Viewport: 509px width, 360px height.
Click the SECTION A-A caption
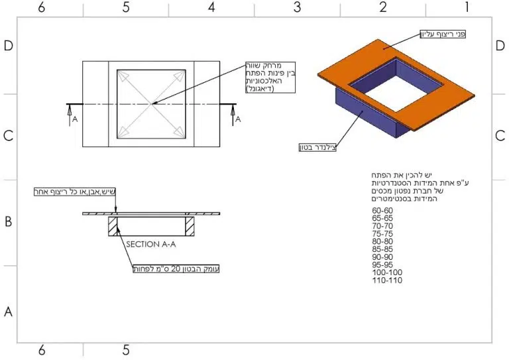151,244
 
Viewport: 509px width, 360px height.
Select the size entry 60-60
382,211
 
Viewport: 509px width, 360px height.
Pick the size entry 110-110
387,280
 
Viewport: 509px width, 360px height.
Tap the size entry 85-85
382,249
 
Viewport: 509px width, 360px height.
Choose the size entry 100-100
387,272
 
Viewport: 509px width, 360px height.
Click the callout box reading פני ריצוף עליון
443,34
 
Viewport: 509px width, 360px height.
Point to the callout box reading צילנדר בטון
318,147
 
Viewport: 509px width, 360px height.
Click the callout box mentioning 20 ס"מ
176,269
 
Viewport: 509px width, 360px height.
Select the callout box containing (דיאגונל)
270,78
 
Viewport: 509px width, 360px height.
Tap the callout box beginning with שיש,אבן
75,192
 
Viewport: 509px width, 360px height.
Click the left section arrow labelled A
70,115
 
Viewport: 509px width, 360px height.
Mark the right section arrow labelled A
233,115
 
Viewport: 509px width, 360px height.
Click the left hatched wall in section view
113,226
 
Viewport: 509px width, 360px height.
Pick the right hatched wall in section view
190,226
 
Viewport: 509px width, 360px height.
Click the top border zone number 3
297,7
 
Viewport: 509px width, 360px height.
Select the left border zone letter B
9,221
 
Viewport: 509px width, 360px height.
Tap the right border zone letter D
500,46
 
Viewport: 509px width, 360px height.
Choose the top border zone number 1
467,7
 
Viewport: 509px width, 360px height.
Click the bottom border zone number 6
42,350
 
